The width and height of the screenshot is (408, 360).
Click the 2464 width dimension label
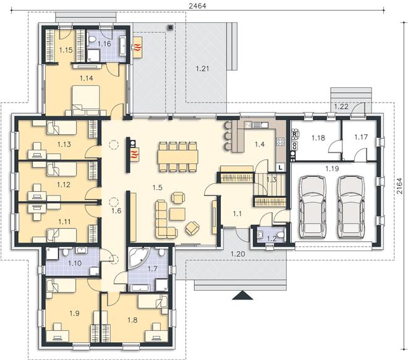(x=197, y=6)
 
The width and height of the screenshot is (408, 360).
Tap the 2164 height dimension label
(x=400, y=186)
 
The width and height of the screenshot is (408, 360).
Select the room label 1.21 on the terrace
(x=202, y=69)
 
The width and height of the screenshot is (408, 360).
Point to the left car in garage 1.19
(x=312, y=207)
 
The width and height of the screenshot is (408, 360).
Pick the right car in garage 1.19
(x=351, y=207)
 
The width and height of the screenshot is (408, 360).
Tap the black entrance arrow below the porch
(x=242, y=295)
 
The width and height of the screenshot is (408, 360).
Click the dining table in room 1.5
(x=177, y=157)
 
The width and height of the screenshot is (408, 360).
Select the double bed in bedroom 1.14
(x=86, y=100)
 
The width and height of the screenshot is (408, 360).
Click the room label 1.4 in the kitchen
(x=260, y=144)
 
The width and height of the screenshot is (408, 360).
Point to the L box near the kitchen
(x=280, y=168)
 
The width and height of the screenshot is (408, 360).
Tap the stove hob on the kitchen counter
(x=280, y=142)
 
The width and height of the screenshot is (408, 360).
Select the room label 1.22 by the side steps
(x=341, y=106)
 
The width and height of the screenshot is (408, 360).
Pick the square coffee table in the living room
(x=177, y=214)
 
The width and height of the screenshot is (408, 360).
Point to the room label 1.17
(x=360, y=137)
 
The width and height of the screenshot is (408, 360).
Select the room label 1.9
(x=74, y=313)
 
